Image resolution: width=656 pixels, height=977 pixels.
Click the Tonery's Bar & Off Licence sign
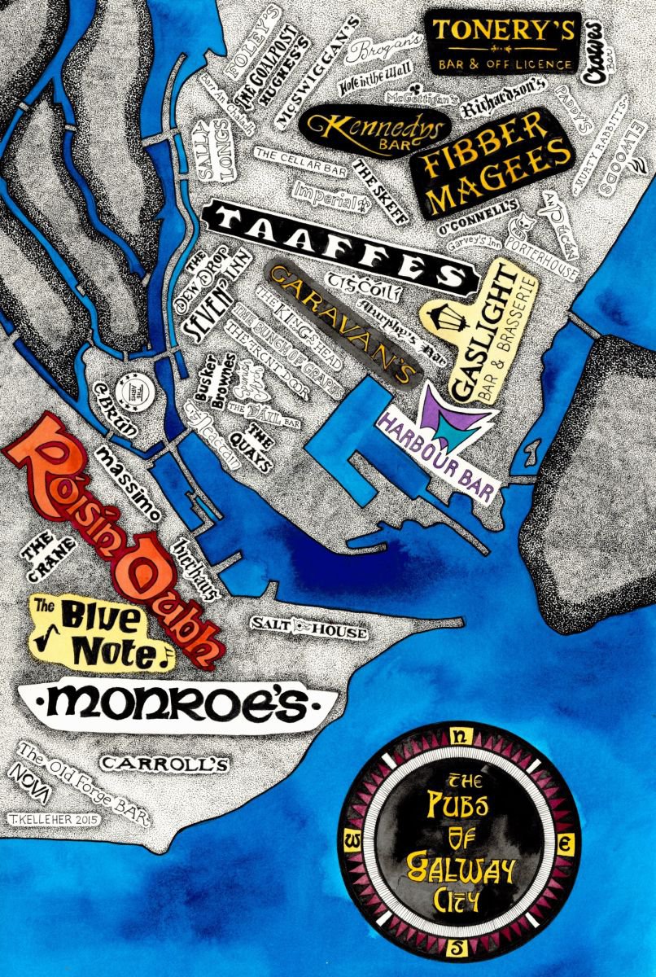click(x=505, y=42)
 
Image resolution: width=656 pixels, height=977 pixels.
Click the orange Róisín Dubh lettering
click(x=114, y=529)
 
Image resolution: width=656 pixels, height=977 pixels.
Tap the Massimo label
click(x=130, y=481)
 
